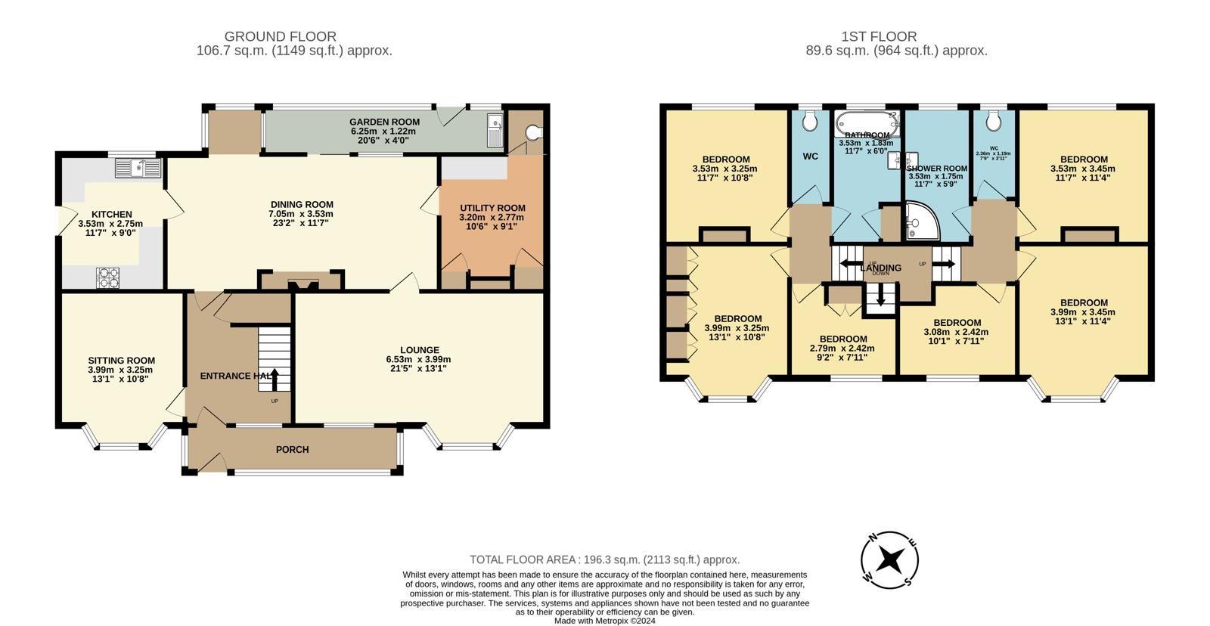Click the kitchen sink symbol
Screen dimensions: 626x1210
[138, 168]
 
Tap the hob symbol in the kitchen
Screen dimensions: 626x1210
[108, 278]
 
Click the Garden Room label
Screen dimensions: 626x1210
[384, 122]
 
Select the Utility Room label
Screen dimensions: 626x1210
[492, 208]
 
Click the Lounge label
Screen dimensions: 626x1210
[419, 350]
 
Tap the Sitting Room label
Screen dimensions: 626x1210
[121, 361]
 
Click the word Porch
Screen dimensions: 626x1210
[292, 450]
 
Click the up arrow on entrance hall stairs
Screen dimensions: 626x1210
[275, 378]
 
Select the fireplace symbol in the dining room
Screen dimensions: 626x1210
[301, 284]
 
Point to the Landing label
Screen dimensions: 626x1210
[880, 268]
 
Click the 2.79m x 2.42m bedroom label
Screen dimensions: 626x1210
[843, 339]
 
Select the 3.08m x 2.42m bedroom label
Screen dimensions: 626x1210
[957, 323]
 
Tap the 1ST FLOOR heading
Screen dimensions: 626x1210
[879, 36]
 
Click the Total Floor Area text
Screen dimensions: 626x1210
[604, 560]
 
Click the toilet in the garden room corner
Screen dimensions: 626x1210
[535, 133]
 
